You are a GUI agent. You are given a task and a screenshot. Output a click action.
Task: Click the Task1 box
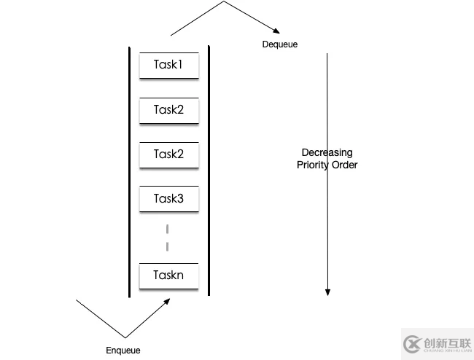pyautogui.click(x=168, y=66)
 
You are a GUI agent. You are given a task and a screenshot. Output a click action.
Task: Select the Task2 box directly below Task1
pyautogui.click(x=168, y=110)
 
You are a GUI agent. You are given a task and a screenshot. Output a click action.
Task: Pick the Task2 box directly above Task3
pyautogui.click(x=168, y=154)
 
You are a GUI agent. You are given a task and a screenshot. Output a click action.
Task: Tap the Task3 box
pyautogui.click(x=168, y=198)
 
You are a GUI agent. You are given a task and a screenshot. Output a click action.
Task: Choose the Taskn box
pyautogui.click(x=168, y=275)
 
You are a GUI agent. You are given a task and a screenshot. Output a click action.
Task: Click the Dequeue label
pyautogui.click(x=280, y=44)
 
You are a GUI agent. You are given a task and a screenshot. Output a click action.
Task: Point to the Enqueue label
pyautogui.click(x=123, y=351)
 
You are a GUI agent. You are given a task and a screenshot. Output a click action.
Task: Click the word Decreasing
pyautogui.click(x=327, y=152)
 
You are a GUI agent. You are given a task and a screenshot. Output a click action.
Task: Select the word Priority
pyautogui.click(x=313, y=165)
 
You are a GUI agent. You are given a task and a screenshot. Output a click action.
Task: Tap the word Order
pyautogui.click(x=344, y=165)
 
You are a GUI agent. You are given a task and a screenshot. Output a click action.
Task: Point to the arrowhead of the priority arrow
pyautogui.click(x=327, y=292)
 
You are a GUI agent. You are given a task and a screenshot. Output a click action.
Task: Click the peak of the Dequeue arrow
pyautogui.click(x=224, y=2)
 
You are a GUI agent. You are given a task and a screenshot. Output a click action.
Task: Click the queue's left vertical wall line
pyautogui.click(x=130, y=171)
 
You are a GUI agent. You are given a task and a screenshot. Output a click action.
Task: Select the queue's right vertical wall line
pyautogui.click(x=209, y=171)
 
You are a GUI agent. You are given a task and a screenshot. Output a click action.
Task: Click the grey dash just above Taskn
pyautogui.click(x=168, y=246)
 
